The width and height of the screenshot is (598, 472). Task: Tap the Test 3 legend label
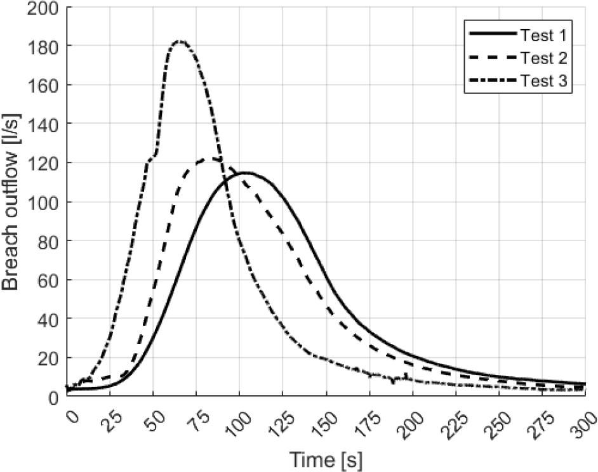[543, 82]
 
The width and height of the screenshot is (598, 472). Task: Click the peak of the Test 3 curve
[180, 43]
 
